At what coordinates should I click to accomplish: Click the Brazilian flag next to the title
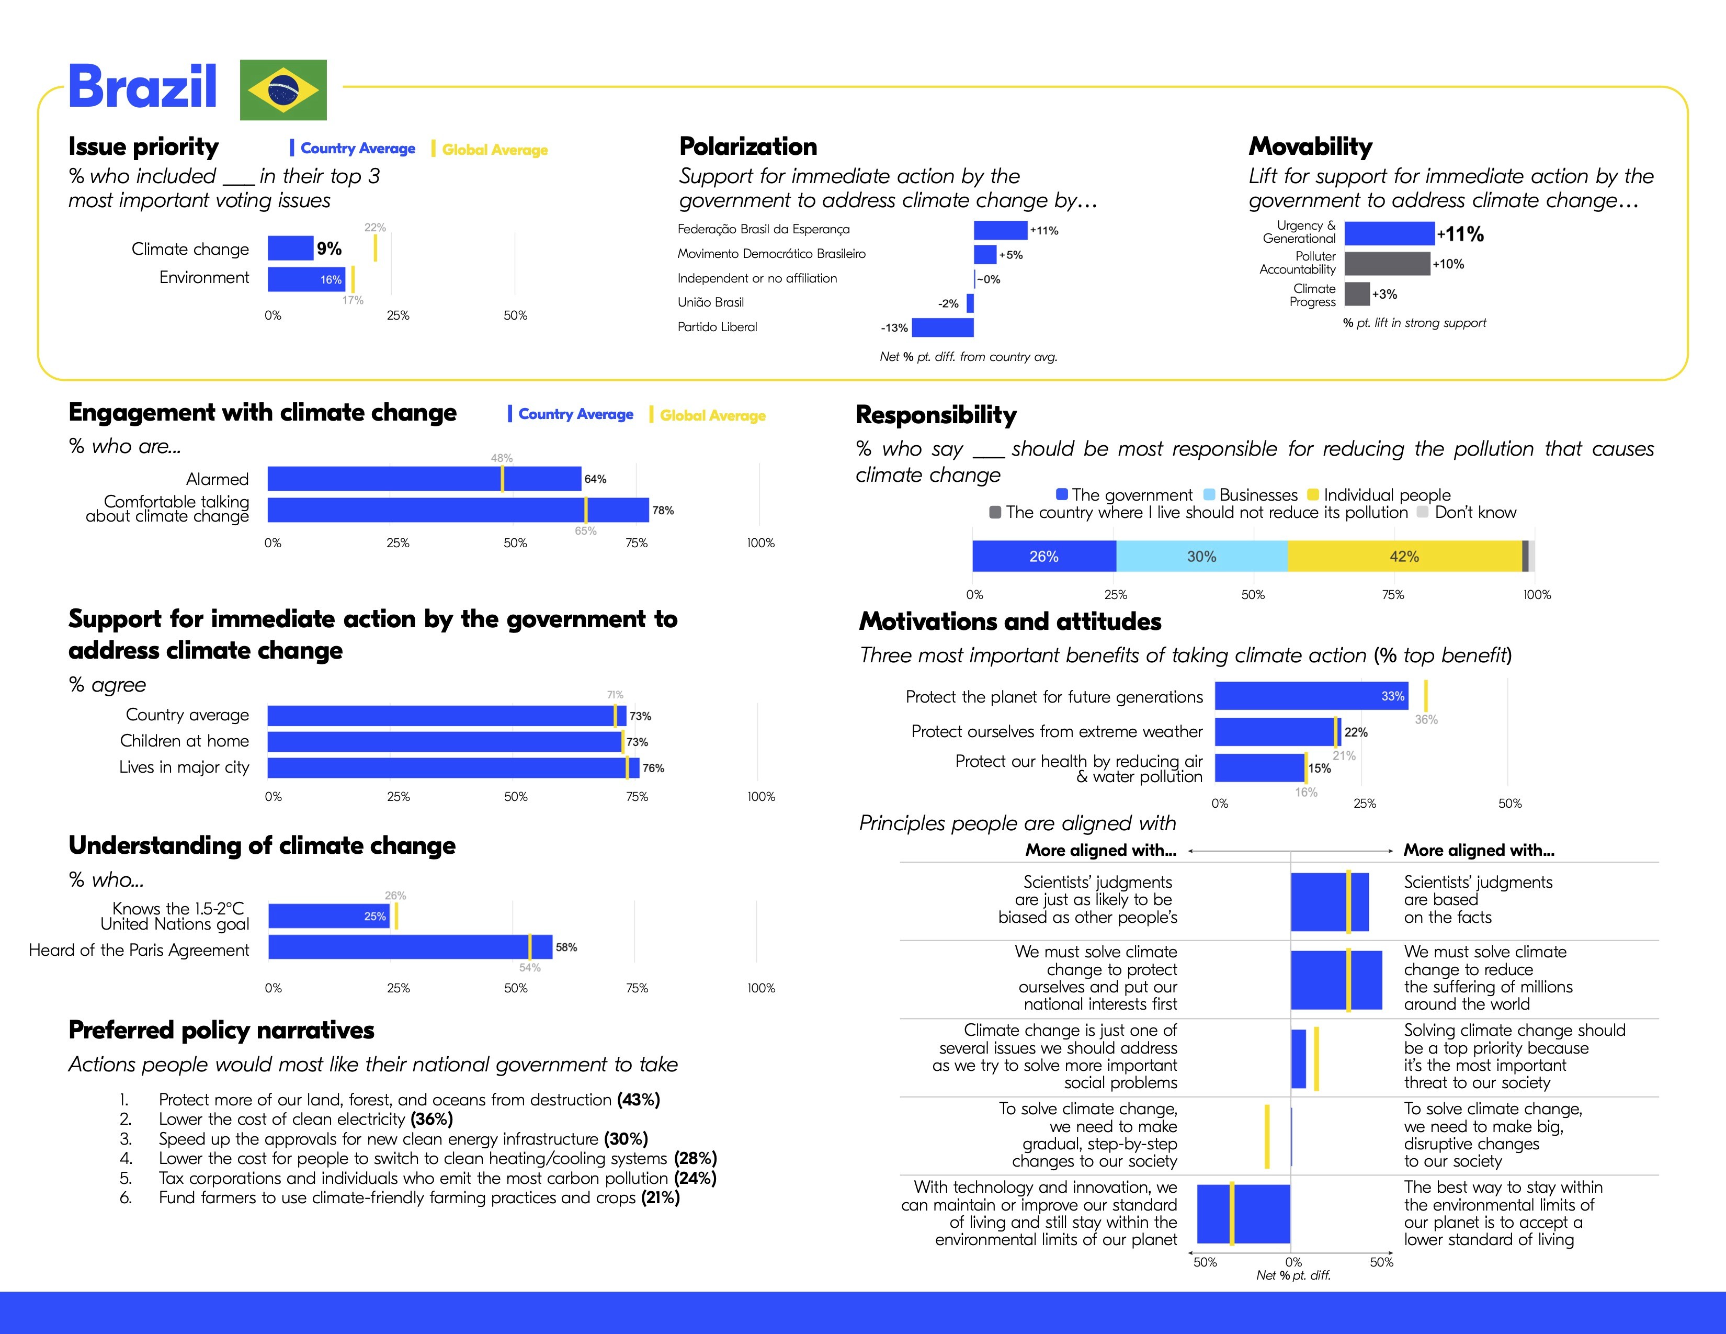click(283, 89)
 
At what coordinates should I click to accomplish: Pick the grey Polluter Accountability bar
click(1387, 263)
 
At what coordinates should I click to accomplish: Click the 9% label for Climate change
click(329, 249)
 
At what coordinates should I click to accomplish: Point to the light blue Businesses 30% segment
click(1201, 557)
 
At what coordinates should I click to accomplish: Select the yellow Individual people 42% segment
click(1404, 557)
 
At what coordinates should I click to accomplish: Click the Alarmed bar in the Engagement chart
click(424, 479)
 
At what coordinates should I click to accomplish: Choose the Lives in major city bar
click(453, 767)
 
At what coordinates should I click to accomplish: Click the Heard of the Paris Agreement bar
click(410, 947)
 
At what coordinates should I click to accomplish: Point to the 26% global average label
click(395, 896)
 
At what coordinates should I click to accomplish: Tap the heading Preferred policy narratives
click(221, 1030)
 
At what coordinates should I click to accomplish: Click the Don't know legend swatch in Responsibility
click(1423, 512)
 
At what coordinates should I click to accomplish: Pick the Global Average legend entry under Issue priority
click(490, 150)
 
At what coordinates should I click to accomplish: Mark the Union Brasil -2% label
click(948, 303)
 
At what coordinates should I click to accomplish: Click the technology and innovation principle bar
click(1243, 1213)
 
